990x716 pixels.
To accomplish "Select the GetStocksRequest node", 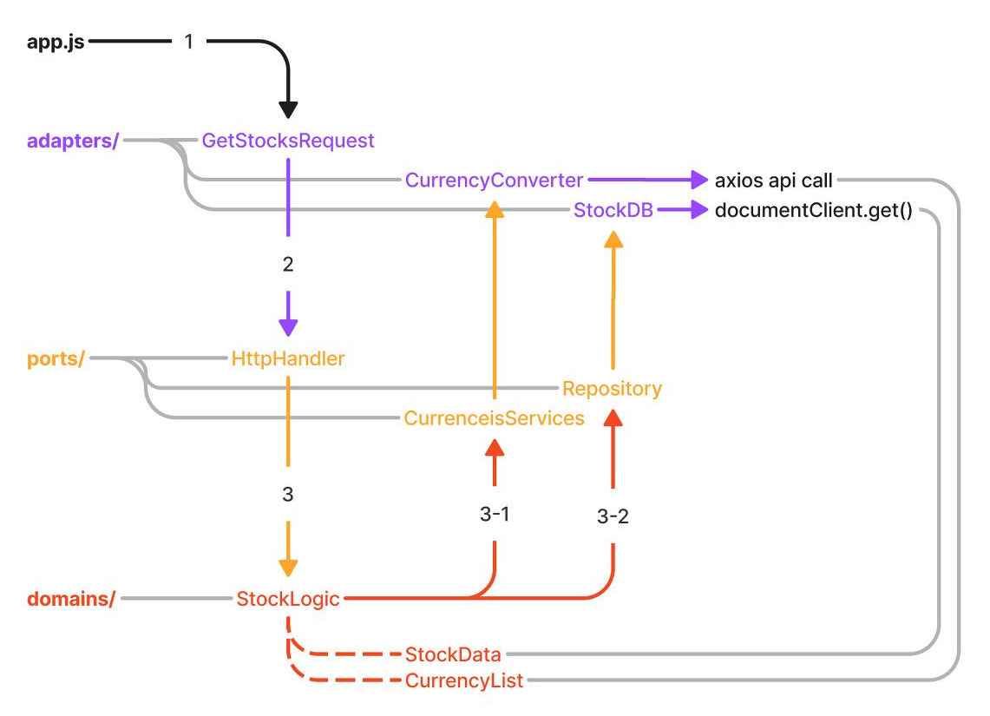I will coord(288,141).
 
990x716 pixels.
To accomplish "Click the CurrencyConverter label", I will coord(494,181).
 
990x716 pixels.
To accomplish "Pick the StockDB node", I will coord(613,210).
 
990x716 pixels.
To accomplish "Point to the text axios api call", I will coord(773,181).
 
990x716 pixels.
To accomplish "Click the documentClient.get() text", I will coord(813,210).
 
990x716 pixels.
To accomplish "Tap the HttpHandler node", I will coord(288,358).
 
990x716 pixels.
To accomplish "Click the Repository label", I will coord(612,388).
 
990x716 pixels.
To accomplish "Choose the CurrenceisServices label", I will coord(494,418).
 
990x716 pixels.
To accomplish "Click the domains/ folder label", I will coord(71,599).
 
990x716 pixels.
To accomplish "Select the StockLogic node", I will coord(288,599).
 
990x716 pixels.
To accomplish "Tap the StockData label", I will coord(453,654).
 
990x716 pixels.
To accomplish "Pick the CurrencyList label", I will coord(464,680).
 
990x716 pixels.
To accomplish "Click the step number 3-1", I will coord(494,514).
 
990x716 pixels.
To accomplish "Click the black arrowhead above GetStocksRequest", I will coord(288,109).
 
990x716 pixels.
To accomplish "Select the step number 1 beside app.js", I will coord(189,41).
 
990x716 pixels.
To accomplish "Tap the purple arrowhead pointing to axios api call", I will coord(699,181).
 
